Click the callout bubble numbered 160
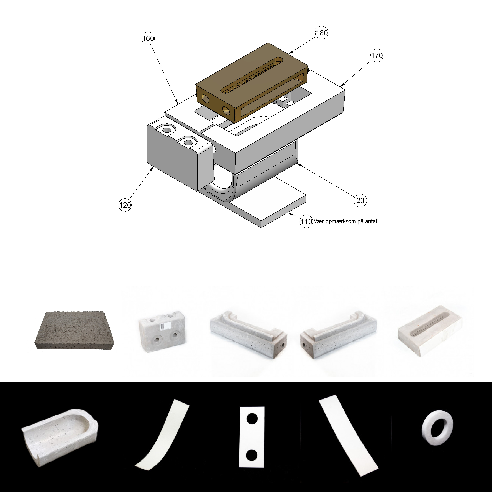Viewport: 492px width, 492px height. [x=148, y=38]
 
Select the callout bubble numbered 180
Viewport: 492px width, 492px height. [x=322, y=33]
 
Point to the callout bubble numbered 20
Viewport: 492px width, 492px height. [x=360, y=200]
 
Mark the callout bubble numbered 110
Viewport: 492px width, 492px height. [x=306, y=221]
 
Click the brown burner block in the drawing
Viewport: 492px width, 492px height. [x=252, y=83]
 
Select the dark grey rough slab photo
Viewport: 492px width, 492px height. [x=74, y=331]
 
